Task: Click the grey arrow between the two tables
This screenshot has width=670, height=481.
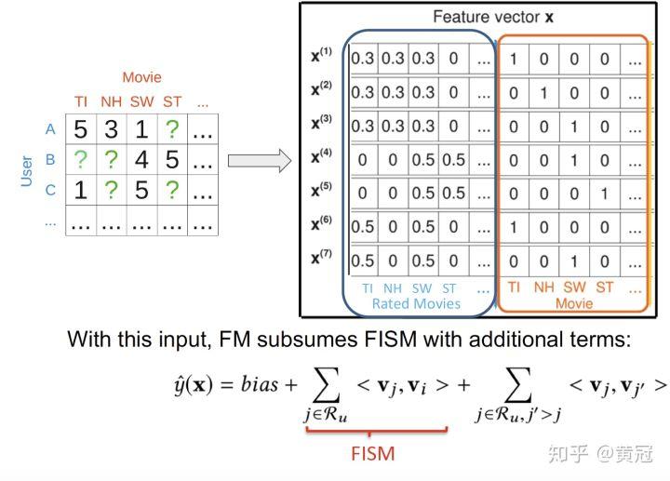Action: pyautogui.click(x=260, y=161)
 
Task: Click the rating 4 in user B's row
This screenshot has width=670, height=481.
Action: pyautogui.click(x=141, y=160)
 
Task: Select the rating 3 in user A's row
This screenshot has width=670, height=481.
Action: pyautogui.click(x=111, y=129)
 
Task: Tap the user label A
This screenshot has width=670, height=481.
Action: pyautogui.click(x=50, y=129)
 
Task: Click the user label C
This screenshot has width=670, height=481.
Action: pyautogui.click(x=50, y=190)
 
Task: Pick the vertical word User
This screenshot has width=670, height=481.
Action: pyautogui.click(x=26, y=171)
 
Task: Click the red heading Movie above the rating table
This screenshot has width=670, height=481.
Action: pyautogui.click(x=141, y=77)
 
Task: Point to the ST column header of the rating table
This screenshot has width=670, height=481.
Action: pyautogui.click(x=172, y=101)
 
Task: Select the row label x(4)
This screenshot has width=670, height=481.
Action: pyautogui.click(x=321, y=156)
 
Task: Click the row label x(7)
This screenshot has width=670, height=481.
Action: pyautogui.click(x=321, y=257)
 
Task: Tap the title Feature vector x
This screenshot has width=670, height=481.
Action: pyautogui.click(x=493, y=17)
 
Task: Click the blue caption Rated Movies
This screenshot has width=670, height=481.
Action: pyautogui.click(x=416, y=303)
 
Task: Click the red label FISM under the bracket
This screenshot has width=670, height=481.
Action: pyautogui.click(x=373, y=454)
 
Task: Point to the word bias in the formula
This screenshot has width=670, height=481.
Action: pyautogui.click(x=260, y=384)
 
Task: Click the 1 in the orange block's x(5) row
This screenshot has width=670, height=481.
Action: pyautogui.click(x=604, y=194)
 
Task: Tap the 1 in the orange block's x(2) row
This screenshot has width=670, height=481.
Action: pyautogui.click(x=543, y=93)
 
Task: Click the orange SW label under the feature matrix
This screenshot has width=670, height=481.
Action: pyautogui.click(x=574, y=287)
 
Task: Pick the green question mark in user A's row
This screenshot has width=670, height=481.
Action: pyautogui.click(x=172, y=129)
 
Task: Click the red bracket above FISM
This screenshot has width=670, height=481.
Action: pyautogui.click(x=377, y=431)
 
